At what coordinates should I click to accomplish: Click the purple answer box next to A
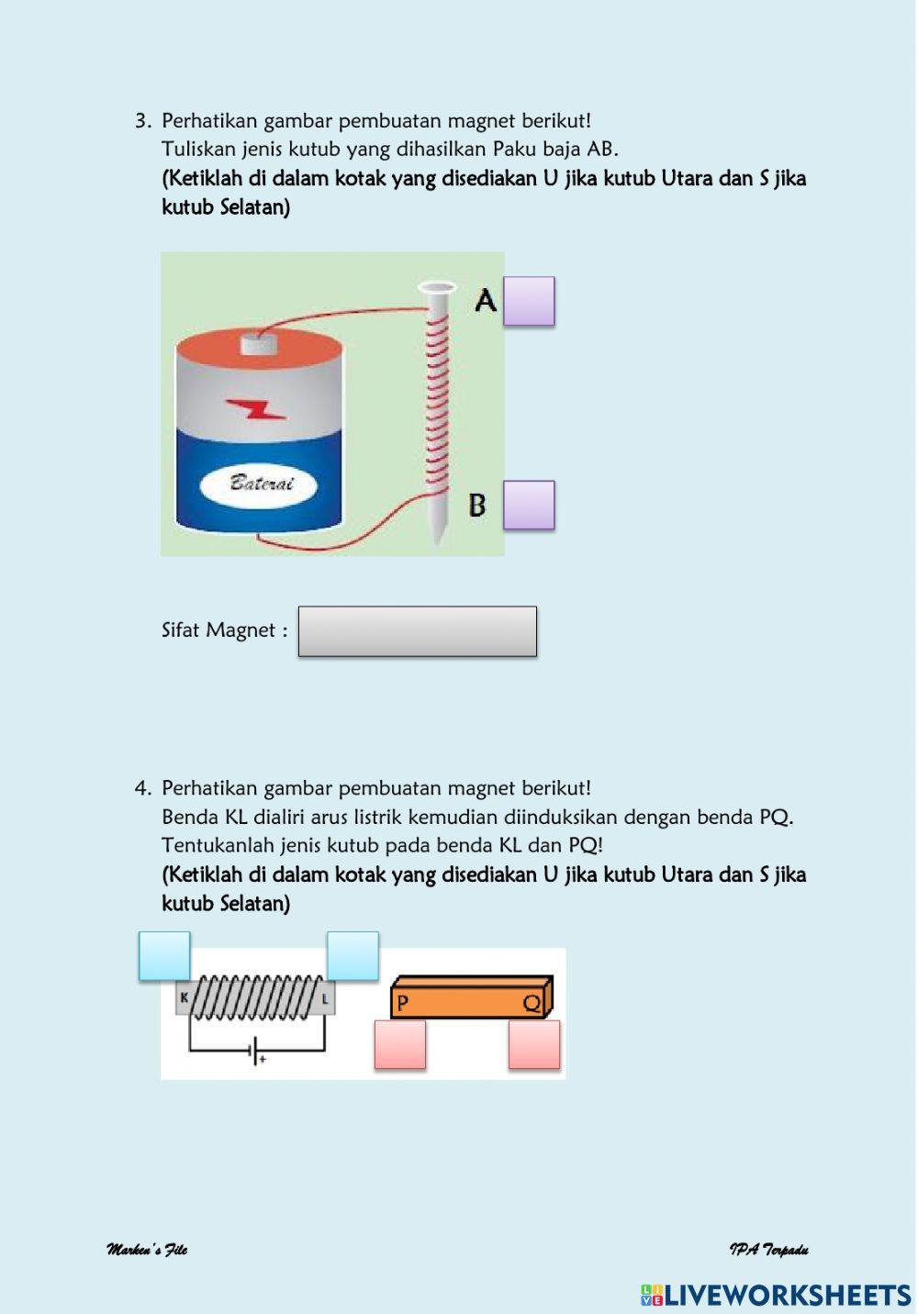click(529, 301)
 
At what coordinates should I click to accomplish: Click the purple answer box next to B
click(529, 505)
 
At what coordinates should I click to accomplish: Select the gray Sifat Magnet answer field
click(417, 631)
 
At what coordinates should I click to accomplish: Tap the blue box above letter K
click(164, 956)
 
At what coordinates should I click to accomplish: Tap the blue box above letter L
click(353, 956)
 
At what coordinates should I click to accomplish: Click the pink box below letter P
click(400, 1044)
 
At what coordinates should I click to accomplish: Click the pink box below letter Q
click(534, 1044)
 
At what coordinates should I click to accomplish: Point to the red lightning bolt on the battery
click(256, 409)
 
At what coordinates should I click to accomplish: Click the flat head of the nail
click(436, 287)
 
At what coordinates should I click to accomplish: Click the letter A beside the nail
click(486, 300)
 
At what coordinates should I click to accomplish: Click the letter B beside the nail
click(477, 505)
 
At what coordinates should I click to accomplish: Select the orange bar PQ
click(470, 998)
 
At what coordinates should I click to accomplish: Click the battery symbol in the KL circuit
click(256, 1052)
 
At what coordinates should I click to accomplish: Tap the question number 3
click(142, 121)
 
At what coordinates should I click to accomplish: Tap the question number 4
click(142, 788)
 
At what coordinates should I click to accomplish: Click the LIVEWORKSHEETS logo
click(776, 1295)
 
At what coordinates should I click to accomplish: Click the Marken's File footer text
click(147, 1250)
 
